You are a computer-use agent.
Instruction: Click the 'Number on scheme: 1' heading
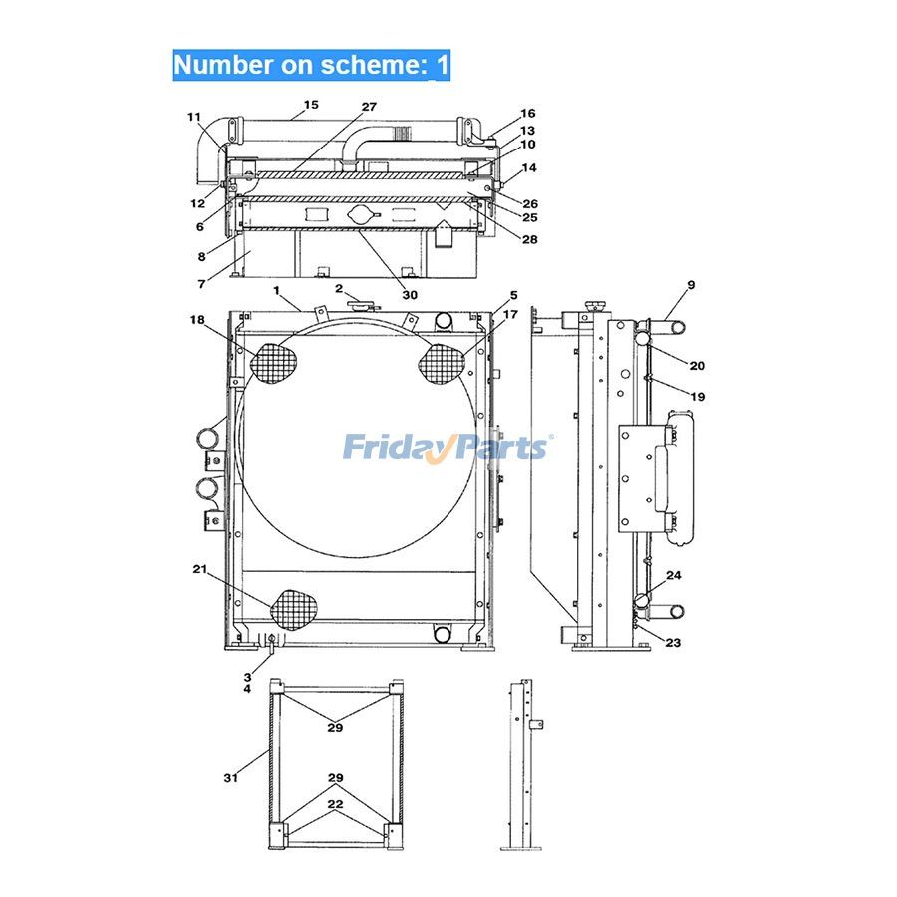(x=311, y=66)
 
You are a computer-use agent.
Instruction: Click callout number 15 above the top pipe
(x=311, y=105)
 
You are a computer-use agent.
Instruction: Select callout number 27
(x=369, y=107)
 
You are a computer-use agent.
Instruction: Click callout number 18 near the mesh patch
(x=197, y=319)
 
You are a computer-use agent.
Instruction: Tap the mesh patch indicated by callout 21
(x=293, y=607)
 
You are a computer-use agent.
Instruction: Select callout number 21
(x=199, y=569)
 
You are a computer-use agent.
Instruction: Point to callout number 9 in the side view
(x=690, y=285)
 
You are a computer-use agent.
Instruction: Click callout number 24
(x=674, y=576)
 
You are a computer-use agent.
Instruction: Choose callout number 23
(x=673, y=643)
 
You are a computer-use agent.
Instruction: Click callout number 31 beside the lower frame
(x=230, y=777)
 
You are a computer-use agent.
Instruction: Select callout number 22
(x=335, y=803)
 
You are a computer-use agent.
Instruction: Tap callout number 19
(x=697, y=397)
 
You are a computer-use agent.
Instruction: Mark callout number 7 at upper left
(x=201, y=284)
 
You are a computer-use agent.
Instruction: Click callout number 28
(x=528, y=239)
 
